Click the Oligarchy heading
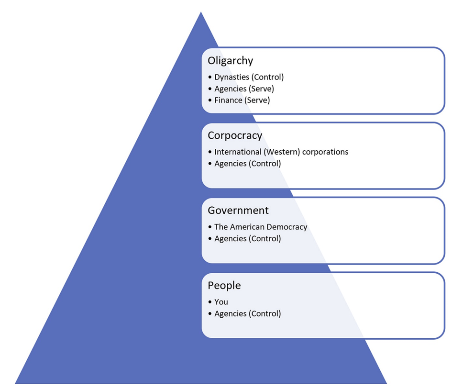pyautogui.click(x=230, y=61)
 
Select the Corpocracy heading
pyautogui.click(x=235, y=135)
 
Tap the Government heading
pyautogui.click(x=238, y=211)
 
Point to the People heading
pyautogui.click(x=224, y=286)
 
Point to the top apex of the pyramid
pyautogui.click(x=201, y=12)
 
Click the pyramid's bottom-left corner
pyautogui.click(x=16, y=383)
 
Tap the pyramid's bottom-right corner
pyautogui.click(x=386, y=383)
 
